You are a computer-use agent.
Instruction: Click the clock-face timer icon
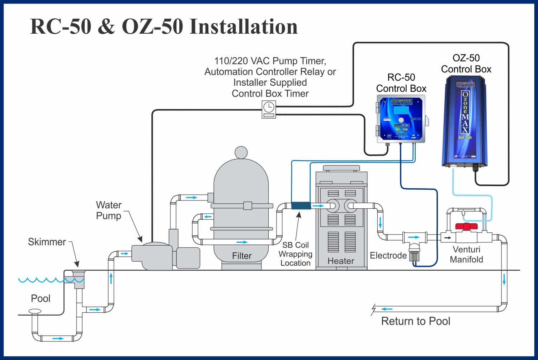pyautogui.click(x=269, y=107)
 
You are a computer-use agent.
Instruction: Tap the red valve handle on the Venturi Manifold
pyautogui.click(x=466, y=227)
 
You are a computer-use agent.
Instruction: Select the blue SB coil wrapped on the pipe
pyautogui.click(x=301, y=206)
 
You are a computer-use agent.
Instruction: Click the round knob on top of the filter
pyautogui.click(x=241, y=152)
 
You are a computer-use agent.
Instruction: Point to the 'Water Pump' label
pyautogui.click(x=109, y=210)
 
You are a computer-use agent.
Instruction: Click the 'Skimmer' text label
pyautogui.click(x=47, y=242)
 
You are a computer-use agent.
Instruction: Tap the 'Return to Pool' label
pyautogui.click(x=415, y=321)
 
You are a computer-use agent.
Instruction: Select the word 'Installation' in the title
pyautogui.click(x=244, y=27)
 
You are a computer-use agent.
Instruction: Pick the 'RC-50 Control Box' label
pyautogui.click(x=401, y=83)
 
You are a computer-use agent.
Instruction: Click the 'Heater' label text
pyautogui.click(x=341, y=261)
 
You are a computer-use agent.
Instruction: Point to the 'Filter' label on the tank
pyautogui.click(x=242, y=256)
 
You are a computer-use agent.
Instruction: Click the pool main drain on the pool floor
pyautogui.click(x=35, y=311)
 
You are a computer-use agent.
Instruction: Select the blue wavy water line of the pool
pyautogui.click(x=41, y=280)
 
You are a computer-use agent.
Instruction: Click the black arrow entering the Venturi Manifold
pyautogui.click(x=447, y=237)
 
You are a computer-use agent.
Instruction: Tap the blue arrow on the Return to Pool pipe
pyautogui.click(x=387, y=309)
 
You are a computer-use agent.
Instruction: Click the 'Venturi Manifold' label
pyautogui.click(x=466, y=255)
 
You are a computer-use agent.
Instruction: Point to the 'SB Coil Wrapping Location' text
pyautogui.click(x=295, y=254)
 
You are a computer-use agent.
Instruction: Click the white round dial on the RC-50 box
pyautogui.click(x=401, y=120)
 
